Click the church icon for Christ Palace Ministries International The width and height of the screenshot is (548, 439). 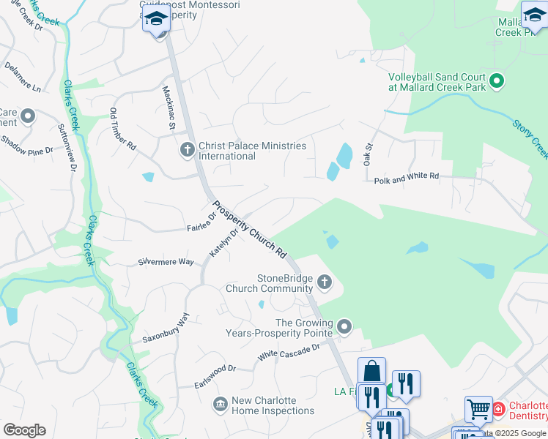(x=187, y=150)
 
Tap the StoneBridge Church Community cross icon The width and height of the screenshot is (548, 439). (x=325, y=282)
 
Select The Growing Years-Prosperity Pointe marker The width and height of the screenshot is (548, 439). (x=344, y=326)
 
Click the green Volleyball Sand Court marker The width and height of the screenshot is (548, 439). (x=497, y=81)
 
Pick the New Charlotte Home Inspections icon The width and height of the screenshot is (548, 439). (x=220, y=405)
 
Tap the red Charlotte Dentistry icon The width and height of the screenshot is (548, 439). (x=498, y=408)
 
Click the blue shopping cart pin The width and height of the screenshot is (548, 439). (x=478, y=409)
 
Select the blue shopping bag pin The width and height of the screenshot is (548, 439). (x=371, y=370)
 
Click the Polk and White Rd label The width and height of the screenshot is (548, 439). (x=406, y=176)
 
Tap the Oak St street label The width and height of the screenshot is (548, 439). (x=369, y=154)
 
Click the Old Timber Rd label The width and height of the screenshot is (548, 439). (x=122, y=129)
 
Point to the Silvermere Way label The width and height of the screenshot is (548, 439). (x=166, y=261)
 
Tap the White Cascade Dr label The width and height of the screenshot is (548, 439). (x=289, y=351)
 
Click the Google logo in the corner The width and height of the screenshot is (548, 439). (x=24, y=429)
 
